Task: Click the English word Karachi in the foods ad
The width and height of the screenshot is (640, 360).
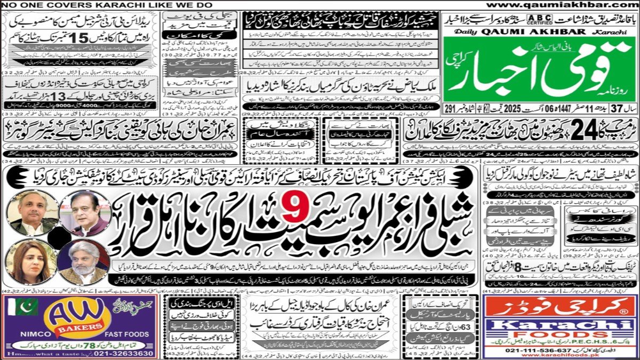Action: pos(560,327)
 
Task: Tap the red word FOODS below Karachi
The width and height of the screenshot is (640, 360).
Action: pos(559,337)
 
